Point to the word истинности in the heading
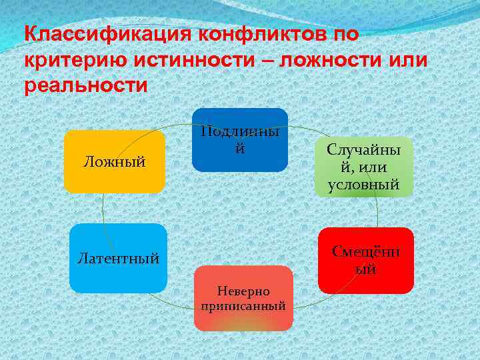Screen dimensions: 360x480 (197, 60)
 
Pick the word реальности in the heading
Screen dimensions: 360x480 (85, 86)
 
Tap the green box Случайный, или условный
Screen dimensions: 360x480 (363, 167)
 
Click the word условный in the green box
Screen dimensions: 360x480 (363, 185)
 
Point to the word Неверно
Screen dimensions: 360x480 (243, 291)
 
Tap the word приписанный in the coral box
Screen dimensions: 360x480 (243, 307)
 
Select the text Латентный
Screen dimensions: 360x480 (118, 258)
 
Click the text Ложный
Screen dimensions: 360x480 (114, 161)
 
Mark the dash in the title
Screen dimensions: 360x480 (271, 61)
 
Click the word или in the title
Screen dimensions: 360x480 (407, 60)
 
